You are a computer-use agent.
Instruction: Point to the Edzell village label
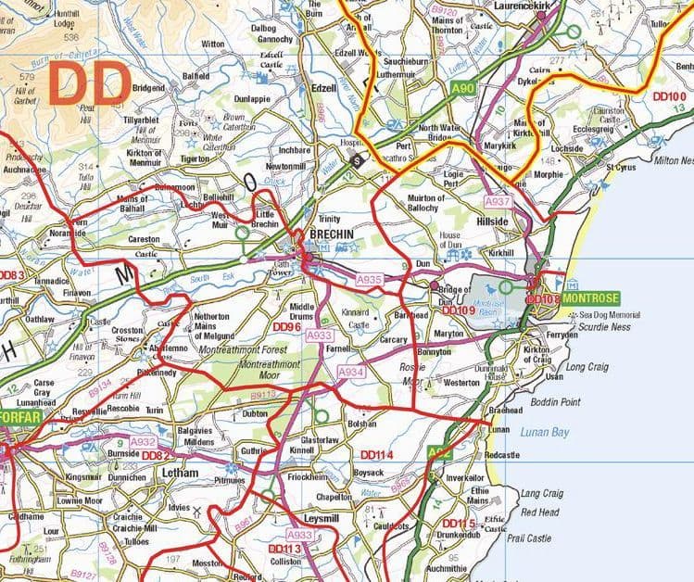[324, 88]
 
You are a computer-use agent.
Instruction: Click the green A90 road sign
[462, 87]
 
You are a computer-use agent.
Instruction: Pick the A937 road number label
[498, 201]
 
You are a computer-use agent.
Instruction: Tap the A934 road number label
[351, 371]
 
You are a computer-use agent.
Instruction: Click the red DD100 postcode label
[670, 95]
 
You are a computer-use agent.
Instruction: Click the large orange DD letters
[88, 83]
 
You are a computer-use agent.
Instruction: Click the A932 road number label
[144, 442]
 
